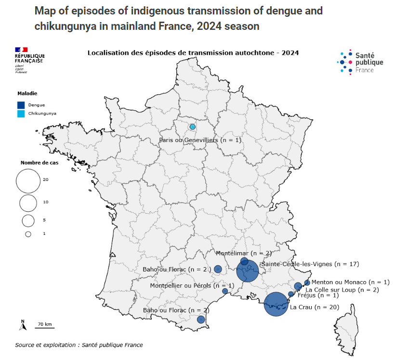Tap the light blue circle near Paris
point(193,127)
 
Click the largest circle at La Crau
point(276,304)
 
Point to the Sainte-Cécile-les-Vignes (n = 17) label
point(310,264)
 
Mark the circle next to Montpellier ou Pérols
point(225,291)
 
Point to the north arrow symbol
point(23,325)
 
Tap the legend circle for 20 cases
point(28,181)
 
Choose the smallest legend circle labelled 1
point(28,234)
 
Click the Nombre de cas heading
point(39,163)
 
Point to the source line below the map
point(79,345)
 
